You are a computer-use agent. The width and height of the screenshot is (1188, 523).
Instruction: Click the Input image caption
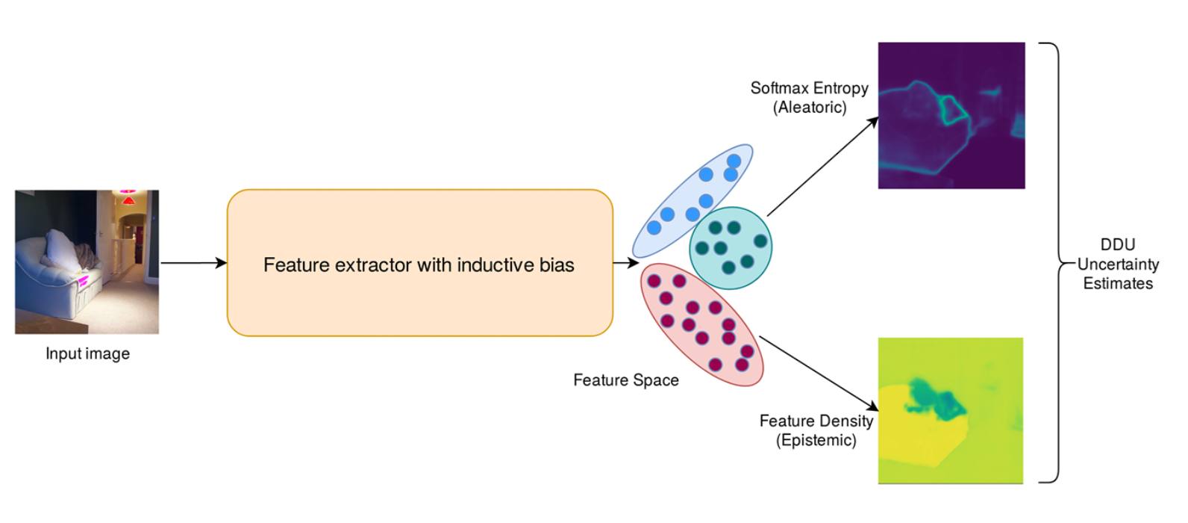tap(87, 353)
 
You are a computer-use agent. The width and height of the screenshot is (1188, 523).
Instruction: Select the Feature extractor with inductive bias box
tap(419, 224)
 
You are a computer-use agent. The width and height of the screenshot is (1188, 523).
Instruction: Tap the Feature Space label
tap(625, 380)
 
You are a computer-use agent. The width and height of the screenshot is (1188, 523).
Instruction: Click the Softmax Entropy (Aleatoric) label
tap(809, 98)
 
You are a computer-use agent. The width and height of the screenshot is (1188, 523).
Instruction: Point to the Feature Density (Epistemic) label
tap(816, 430)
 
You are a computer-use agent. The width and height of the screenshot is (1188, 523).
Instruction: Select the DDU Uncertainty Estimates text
tap(1117, 264)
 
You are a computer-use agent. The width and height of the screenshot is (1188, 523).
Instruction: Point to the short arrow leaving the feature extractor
tap(625, 263)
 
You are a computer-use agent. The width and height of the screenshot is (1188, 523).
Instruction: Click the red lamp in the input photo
tap(128, 200)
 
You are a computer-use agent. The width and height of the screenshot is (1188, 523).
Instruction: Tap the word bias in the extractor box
tap(555, 264)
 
